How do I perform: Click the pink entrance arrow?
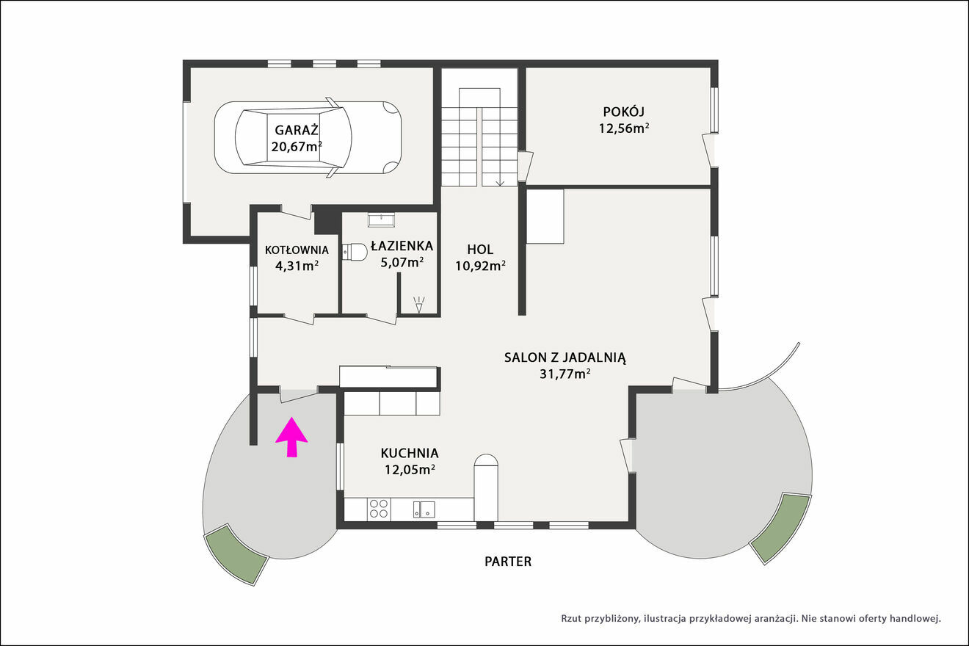(291, 437)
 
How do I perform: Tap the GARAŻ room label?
(297, 130)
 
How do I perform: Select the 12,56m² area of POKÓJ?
(624, 128)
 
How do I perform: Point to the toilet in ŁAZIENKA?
(355, 252)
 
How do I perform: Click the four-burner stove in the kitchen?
(379, 509)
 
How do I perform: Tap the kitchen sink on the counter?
(424, 509)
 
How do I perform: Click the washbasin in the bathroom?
(381, 219)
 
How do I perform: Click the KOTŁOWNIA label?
(297, 250)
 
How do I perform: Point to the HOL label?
(480, 250)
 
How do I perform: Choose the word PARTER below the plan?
(508, 562)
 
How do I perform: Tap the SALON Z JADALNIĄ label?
(565, 358)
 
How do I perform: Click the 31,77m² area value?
(565, 374)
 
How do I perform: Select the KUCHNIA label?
(410, 453)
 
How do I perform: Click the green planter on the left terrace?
(236, 554)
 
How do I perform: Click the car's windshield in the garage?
(333, 137)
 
